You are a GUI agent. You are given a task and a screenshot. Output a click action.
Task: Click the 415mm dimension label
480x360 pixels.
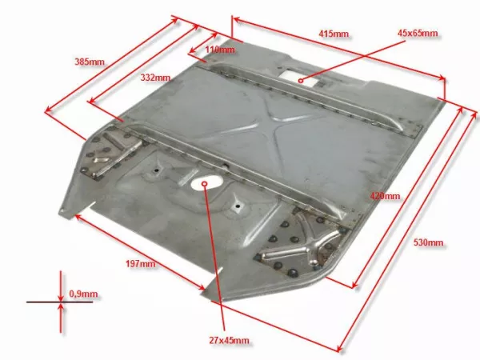[x=333, y=34]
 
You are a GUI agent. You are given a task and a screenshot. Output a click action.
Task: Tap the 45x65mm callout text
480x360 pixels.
[x=418, y=33]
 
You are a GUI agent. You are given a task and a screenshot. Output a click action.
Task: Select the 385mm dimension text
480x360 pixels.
[x=90, y=62]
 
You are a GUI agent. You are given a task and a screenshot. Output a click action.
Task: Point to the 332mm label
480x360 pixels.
[x=155, y=78]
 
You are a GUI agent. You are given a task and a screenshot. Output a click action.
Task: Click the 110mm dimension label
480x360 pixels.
[x=220, y=50]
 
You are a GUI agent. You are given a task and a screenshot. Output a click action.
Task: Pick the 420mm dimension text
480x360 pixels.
[x=385, y=196]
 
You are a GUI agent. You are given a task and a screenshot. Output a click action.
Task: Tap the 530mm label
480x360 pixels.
[x=428, y=242]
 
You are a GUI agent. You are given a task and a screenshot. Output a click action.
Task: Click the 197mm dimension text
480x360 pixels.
[x=141, y=263]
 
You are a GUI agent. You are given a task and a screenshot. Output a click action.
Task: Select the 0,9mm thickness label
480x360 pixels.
[x=83, y=294]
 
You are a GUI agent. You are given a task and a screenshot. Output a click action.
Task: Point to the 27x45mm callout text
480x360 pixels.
[x=229, y=340]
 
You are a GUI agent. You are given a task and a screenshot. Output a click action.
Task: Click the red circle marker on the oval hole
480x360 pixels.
[x=205, y=184]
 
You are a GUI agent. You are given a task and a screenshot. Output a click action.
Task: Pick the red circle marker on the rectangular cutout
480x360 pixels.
[x=301, y=81]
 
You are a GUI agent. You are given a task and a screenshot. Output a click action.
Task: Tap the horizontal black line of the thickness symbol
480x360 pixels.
[x=59, y=302]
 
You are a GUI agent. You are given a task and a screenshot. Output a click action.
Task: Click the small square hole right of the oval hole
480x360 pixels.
[x=238, y=206]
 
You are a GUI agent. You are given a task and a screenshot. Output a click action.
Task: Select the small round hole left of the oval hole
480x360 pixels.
[x=157, y=170]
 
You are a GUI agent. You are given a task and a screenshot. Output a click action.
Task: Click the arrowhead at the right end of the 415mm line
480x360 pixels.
[x=442, y=78]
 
